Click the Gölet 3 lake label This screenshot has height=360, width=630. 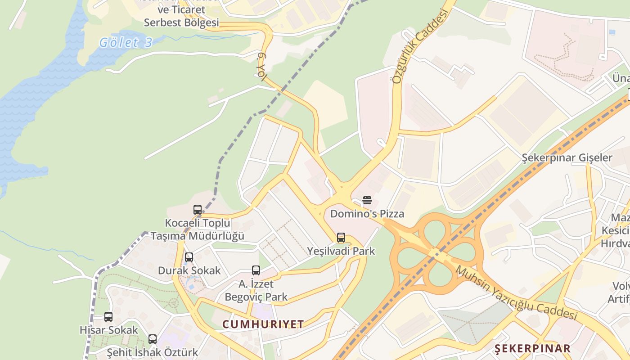tap(126, 43)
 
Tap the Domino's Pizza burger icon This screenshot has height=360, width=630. tap(367, 200)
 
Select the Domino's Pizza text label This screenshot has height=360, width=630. tap(367, 214)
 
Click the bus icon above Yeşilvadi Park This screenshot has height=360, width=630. tap(341, 238)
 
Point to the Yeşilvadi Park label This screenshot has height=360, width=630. tap(341, 251)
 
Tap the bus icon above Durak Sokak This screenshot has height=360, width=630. tap(189, 257)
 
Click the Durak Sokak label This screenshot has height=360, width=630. tap(189, 270)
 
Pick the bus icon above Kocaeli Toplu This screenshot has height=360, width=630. tap(198, 210)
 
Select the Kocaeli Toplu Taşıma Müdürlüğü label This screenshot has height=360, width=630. tap(198, 229)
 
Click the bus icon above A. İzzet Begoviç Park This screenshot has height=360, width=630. tap(256, 270)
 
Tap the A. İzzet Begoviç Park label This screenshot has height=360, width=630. tap(256, 291)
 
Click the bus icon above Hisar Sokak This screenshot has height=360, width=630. tap(108, 317)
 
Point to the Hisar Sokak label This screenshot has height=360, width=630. tap(108, 330)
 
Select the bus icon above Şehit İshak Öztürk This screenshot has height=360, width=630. tap(153, 339)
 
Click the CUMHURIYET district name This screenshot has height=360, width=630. tap(263, 324)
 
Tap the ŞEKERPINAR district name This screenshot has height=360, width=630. tap(532, 348)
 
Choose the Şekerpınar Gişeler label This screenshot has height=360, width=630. tap(567, 158)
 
